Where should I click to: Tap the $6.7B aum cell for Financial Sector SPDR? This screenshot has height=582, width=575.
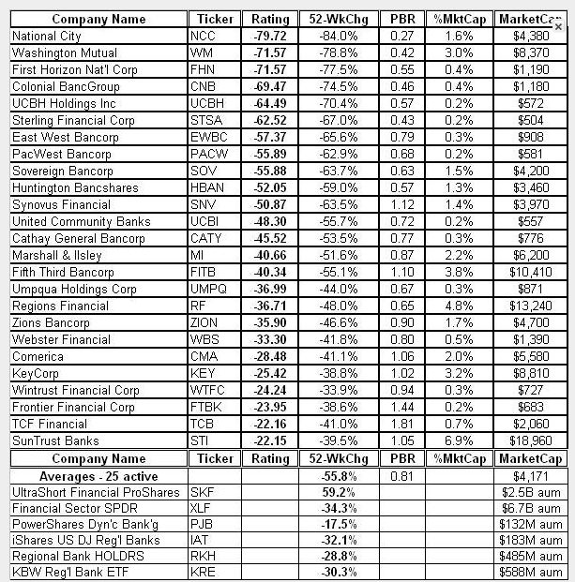536,508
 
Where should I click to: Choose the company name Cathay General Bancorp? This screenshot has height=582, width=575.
78,238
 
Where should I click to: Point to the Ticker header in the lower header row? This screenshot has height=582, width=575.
214,458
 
